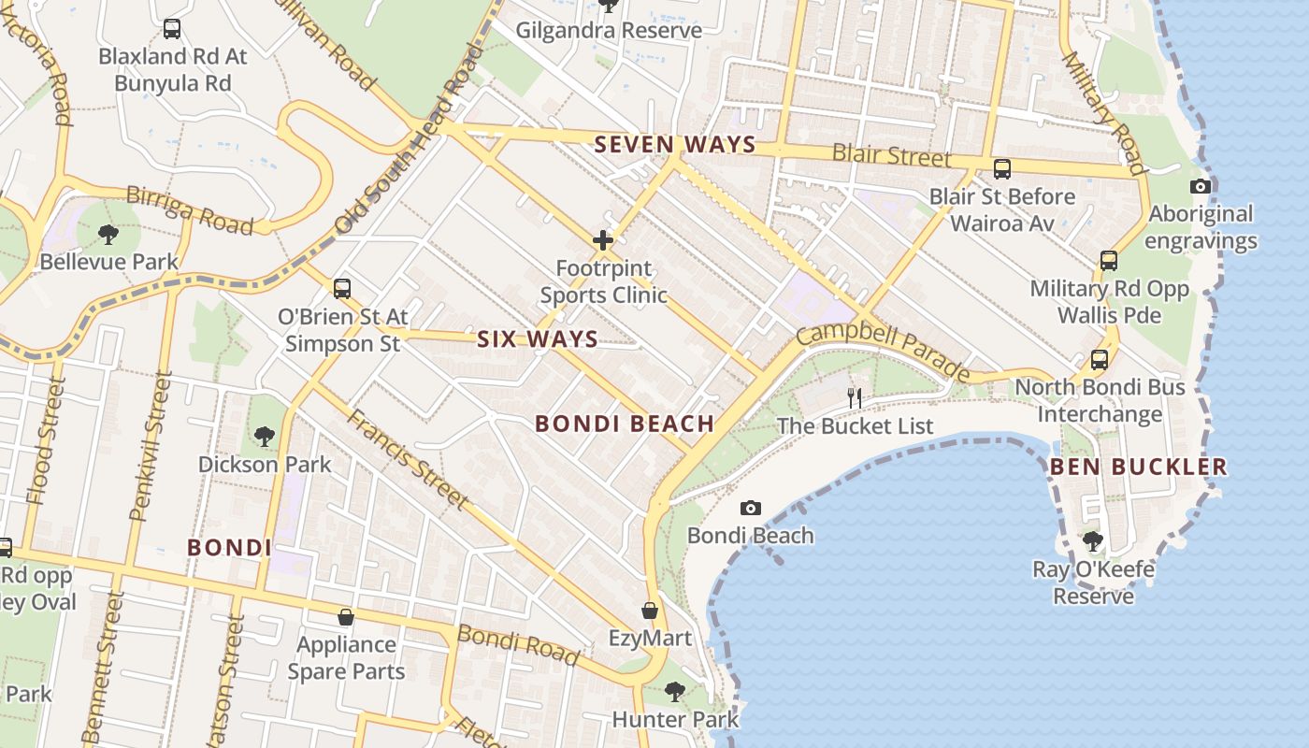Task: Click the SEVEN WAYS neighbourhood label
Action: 675,144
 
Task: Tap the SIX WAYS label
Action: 538,338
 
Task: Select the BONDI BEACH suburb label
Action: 625,424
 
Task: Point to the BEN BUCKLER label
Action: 1138,466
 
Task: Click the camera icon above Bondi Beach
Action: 750,509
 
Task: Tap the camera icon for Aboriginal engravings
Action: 1201,187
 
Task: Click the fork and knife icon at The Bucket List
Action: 854,398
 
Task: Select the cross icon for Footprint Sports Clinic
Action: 603,241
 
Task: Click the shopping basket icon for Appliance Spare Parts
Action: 346,617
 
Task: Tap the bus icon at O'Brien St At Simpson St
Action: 342,289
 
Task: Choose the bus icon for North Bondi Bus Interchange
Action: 1100,360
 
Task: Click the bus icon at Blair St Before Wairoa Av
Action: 1002,169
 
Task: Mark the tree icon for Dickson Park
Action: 265,436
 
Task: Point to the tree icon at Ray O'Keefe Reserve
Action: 1092,540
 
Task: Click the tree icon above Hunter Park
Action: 675,692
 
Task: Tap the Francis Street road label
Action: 407,458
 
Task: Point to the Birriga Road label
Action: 190,209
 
